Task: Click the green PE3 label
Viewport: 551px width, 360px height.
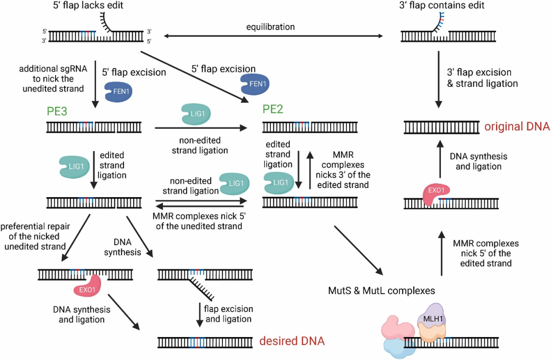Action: coord(57,111)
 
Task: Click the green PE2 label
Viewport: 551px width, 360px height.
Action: coord(272,109)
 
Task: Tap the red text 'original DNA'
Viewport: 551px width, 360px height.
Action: coord(517,127)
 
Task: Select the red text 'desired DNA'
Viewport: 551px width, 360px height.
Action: coord(292,341)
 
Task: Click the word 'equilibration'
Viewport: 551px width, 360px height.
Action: coord(270,27)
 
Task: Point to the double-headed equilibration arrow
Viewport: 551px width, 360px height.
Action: coord(273,36)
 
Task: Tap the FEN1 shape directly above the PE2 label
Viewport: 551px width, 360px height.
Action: coord(255,84)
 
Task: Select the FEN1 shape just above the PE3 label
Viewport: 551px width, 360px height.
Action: coord(119,92)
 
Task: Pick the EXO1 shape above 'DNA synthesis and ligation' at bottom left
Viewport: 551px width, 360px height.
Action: coord(88,286)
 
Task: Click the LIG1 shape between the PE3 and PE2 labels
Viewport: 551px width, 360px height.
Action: coord(196,114)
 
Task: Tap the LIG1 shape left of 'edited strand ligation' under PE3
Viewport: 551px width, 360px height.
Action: coord(74,166)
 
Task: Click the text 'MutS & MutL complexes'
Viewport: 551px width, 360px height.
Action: coord(382,291)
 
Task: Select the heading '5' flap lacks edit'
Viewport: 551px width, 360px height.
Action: coord(88,5)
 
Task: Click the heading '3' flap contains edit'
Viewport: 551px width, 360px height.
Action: coord(442,5)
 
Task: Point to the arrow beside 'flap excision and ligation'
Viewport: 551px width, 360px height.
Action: coord(199,315)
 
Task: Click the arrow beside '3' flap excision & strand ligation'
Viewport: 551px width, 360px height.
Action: coord(438,80)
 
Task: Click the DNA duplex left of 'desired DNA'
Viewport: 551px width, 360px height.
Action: coord(205,342)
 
